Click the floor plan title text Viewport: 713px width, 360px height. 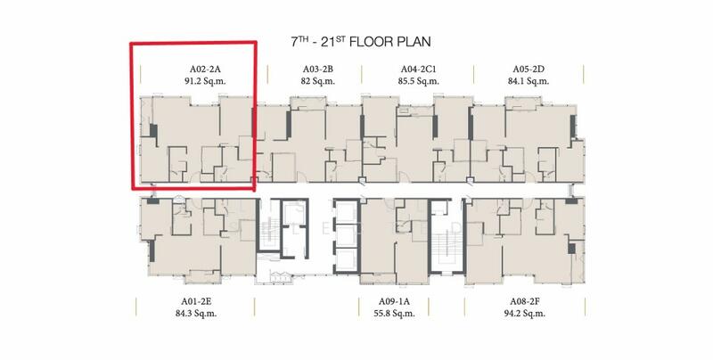(x=361, y=41)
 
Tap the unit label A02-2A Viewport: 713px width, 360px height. (x=205, y=70)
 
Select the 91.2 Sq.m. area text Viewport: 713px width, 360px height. (x=205, y=81)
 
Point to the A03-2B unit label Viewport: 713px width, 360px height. (x=318, y=70)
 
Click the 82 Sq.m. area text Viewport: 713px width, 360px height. (x=318, y=81)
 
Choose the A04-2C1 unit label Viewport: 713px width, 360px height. (x=418, y=70)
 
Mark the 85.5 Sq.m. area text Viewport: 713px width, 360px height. (x=418, y=81)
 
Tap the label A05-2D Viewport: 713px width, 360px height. (x=529, y=70)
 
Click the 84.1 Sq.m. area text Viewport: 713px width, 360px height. (x=529, y=81)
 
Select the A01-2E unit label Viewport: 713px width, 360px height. (x=196, y=301)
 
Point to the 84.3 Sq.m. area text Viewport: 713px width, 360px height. (x=196, y=313)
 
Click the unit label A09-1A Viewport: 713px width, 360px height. (x=394, y=301)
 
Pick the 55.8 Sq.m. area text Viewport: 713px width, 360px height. (x=394, y=313)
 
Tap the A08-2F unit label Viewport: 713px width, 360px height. (x=525, y=301)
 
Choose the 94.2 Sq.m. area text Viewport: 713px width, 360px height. (x=524, y=313)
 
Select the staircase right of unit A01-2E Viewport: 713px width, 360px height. (x=268, y=233)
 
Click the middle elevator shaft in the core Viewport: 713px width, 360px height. (x=346, y=235)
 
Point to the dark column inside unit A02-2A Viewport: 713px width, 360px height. (x=153, y=131)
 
